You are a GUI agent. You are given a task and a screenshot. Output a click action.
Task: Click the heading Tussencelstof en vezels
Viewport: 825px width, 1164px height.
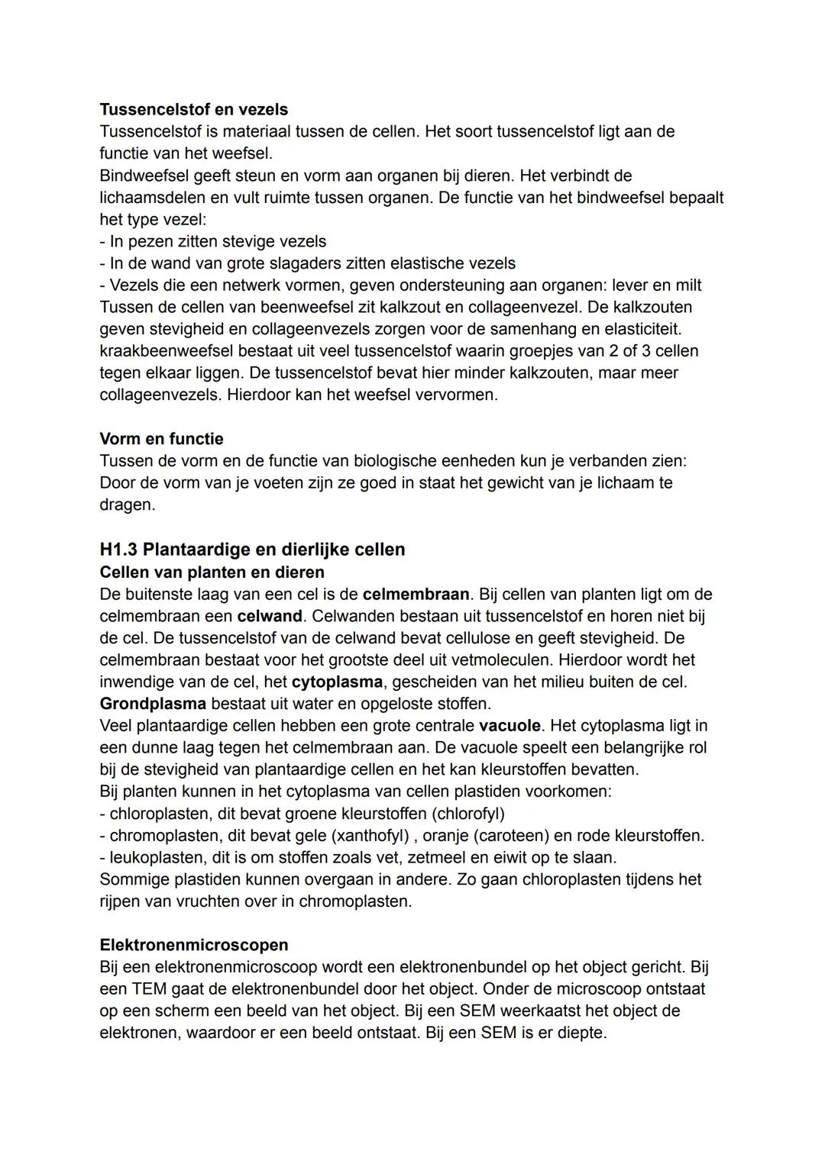[193, 109]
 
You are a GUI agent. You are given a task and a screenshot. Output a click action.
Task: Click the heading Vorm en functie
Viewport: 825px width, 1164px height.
[161, 439]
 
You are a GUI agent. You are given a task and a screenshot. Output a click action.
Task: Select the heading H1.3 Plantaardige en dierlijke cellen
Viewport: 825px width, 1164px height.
[252, 550]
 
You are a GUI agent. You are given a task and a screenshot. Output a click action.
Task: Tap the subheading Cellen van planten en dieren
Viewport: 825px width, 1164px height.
[212, 572]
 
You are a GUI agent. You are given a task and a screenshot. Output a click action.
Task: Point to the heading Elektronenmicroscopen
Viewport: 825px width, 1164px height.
[193, 945]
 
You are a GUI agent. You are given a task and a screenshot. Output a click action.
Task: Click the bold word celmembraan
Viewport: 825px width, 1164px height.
[416, 595]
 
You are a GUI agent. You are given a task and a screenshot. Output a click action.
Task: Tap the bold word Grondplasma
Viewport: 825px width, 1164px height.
[153, 704]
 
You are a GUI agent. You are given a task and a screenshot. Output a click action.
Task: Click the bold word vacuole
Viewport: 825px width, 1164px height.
[509, 726]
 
